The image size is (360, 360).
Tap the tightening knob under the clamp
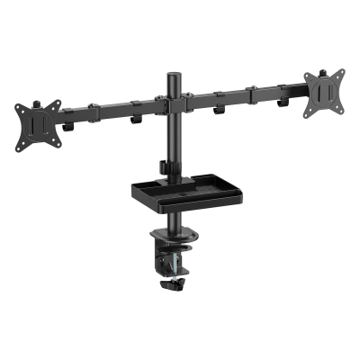pos(171,286)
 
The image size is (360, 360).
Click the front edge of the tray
pos(180,208)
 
